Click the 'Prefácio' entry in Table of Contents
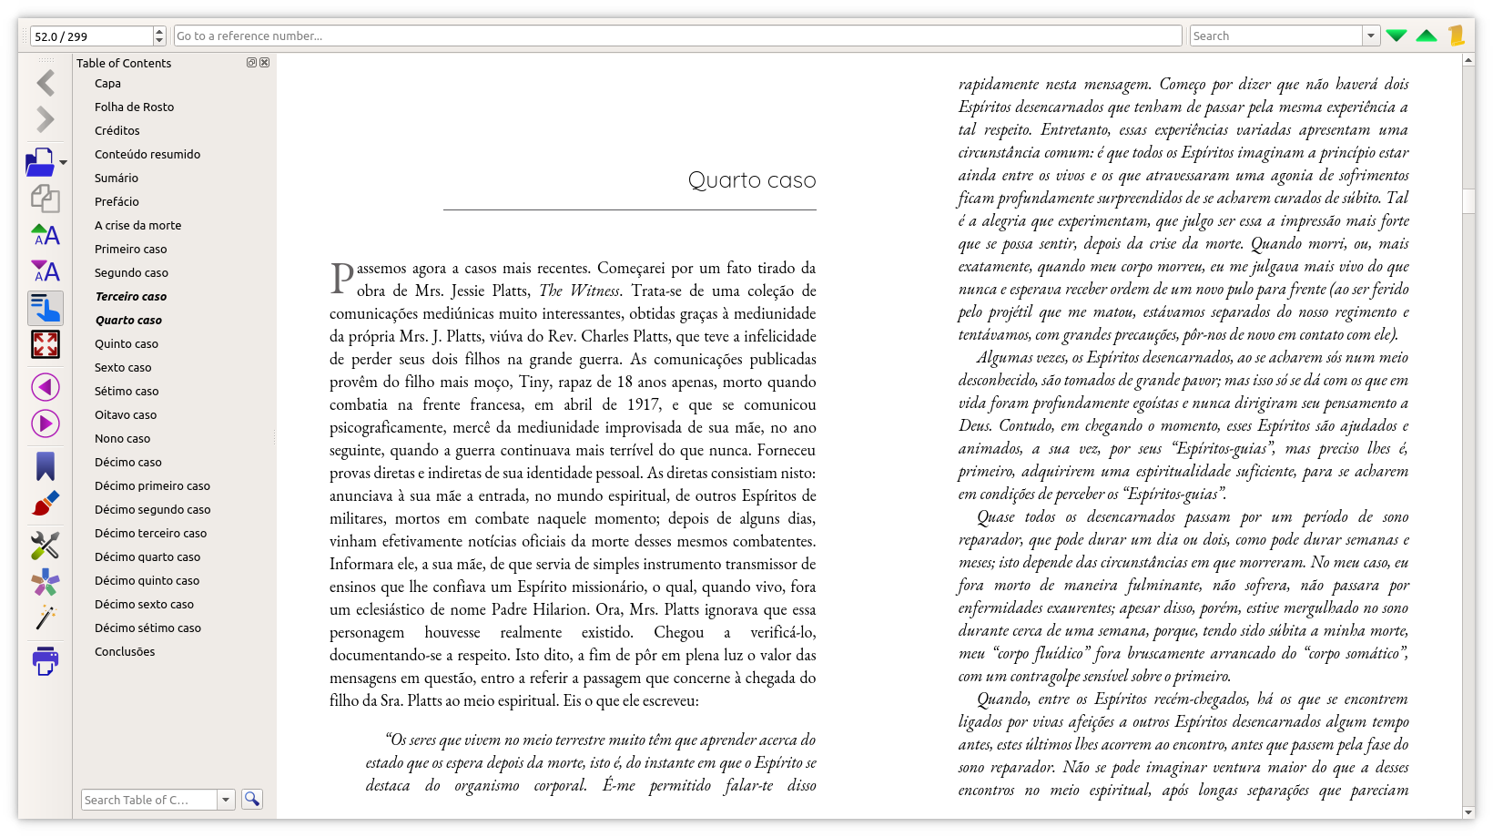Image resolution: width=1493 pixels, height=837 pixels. (117, 201)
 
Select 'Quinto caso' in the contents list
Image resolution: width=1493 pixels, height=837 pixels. (127, 343)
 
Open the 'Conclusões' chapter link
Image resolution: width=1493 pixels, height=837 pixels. (125, 651)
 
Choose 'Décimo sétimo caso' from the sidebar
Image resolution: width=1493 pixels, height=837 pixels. (147, 628)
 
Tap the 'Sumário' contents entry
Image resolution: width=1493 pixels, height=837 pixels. (117, 178)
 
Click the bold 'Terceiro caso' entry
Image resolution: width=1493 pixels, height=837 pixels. (131, 296)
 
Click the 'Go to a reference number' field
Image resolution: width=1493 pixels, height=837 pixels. (677, 36)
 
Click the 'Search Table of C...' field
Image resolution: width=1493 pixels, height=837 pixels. (149, 800)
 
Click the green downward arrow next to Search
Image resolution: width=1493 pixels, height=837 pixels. (1397, 36)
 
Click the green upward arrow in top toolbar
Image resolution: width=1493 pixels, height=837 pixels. (1427, 36)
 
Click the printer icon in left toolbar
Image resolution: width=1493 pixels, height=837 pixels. (45, 660)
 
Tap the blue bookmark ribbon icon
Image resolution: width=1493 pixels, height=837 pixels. (46, 466)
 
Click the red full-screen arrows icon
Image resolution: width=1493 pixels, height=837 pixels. (46, 344)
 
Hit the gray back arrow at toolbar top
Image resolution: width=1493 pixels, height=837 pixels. (46, 83)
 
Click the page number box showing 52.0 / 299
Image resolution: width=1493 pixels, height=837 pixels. (91, 36)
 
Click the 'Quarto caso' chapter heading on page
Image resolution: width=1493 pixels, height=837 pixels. (751, 180)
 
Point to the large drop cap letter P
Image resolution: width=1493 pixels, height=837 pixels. (341, 278)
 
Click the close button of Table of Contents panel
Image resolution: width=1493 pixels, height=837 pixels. (265, 63)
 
